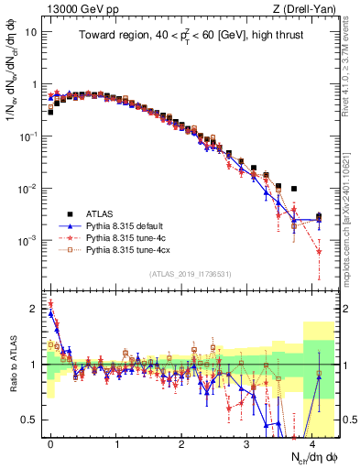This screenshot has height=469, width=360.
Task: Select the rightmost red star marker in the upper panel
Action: pyautogui.click(x=319, y=251)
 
